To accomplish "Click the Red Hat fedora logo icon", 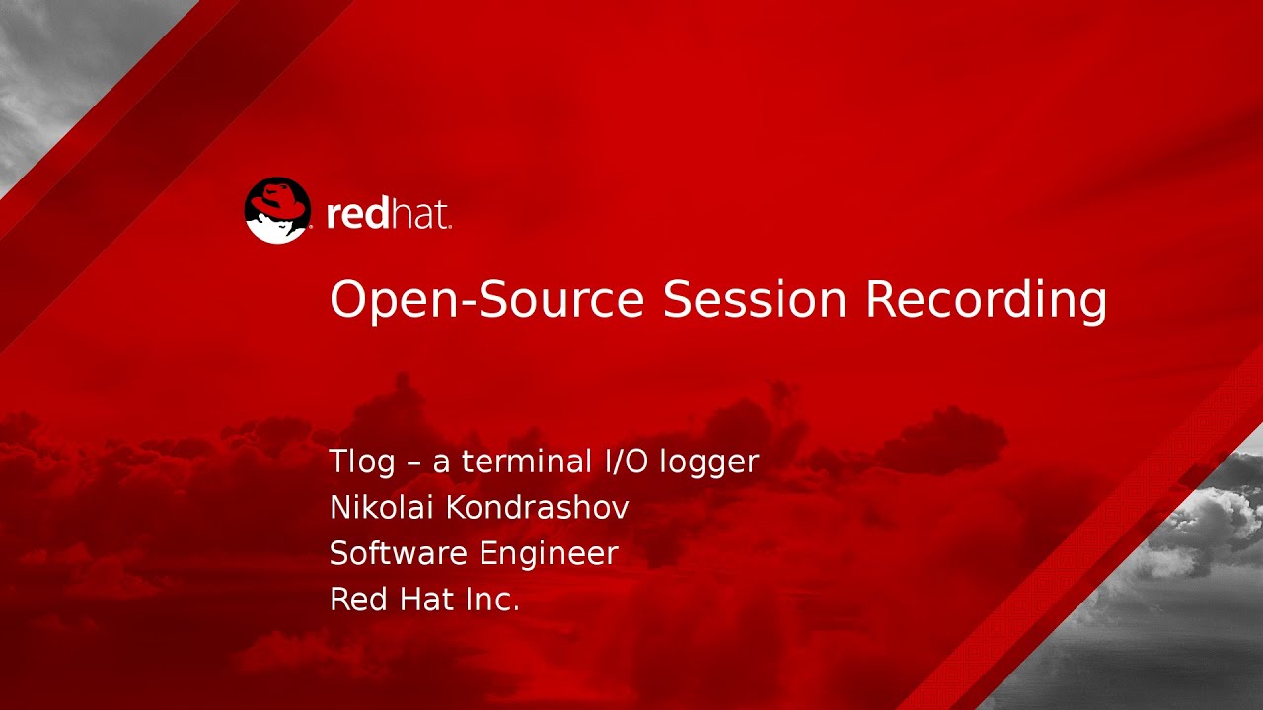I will coord(277,210).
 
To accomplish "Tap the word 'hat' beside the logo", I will coord(421,213).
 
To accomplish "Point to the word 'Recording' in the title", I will coord(986,301).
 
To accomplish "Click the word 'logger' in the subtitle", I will coord(710,462).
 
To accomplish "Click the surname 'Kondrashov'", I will coord(537,507).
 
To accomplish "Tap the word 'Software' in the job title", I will coord(398,553).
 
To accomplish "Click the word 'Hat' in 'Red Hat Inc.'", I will coord(422,599).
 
